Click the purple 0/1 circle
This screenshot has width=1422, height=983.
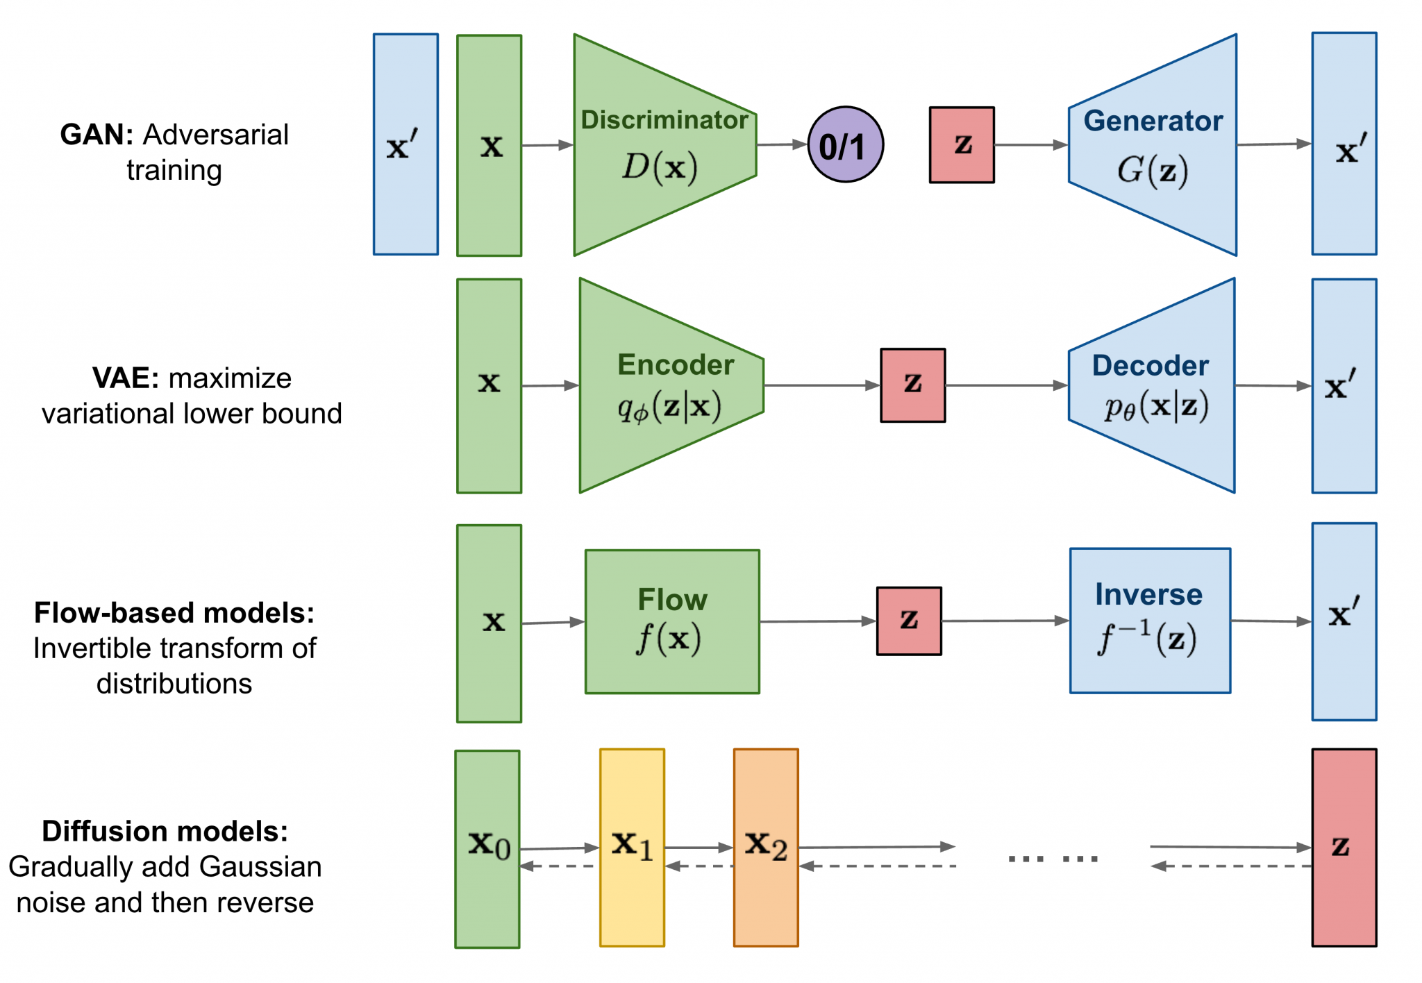(x=845, y=144)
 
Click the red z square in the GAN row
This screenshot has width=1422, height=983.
(x=962, y=144)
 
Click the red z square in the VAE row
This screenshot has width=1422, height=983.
(x=912, y=385)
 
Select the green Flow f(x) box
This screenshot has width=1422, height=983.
(x=671, y=621)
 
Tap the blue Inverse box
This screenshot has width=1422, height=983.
(x=1150, y=621)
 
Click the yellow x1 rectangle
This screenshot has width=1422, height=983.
(x=632, y=847)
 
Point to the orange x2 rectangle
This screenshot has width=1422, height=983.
(x=766, y=847)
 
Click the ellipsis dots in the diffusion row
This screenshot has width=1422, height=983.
(x=1053, y=859)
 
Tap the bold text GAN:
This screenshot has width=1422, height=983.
(x=97, y=135)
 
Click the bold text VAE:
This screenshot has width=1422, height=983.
(x=126, y=378)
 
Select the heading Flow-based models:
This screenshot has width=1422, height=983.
(x=174, y=613)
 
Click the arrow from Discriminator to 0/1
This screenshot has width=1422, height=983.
(x=782, y=144)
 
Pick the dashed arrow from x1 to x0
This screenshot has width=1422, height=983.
(x=560, y=866)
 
